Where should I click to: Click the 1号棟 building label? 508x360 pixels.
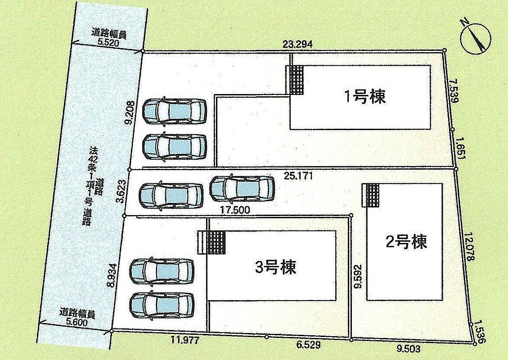click(365, 97)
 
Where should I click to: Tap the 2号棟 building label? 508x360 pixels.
click(406, 242)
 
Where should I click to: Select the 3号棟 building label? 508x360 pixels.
click(276, 268)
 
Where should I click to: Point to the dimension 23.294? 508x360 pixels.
click(297, 45)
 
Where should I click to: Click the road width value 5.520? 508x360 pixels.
click(108, 42)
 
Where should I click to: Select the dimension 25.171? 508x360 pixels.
click(298, 176)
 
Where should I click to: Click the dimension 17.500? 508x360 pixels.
click(235, 210)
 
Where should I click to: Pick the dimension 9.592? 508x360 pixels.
click(358, 276)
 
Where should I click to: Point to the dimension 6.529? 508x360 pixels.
click(308, 345)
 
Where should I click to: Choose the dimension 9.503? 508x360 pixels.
click(408, 349)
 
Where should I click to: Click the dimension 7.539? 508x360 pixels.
click(454, 92)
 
